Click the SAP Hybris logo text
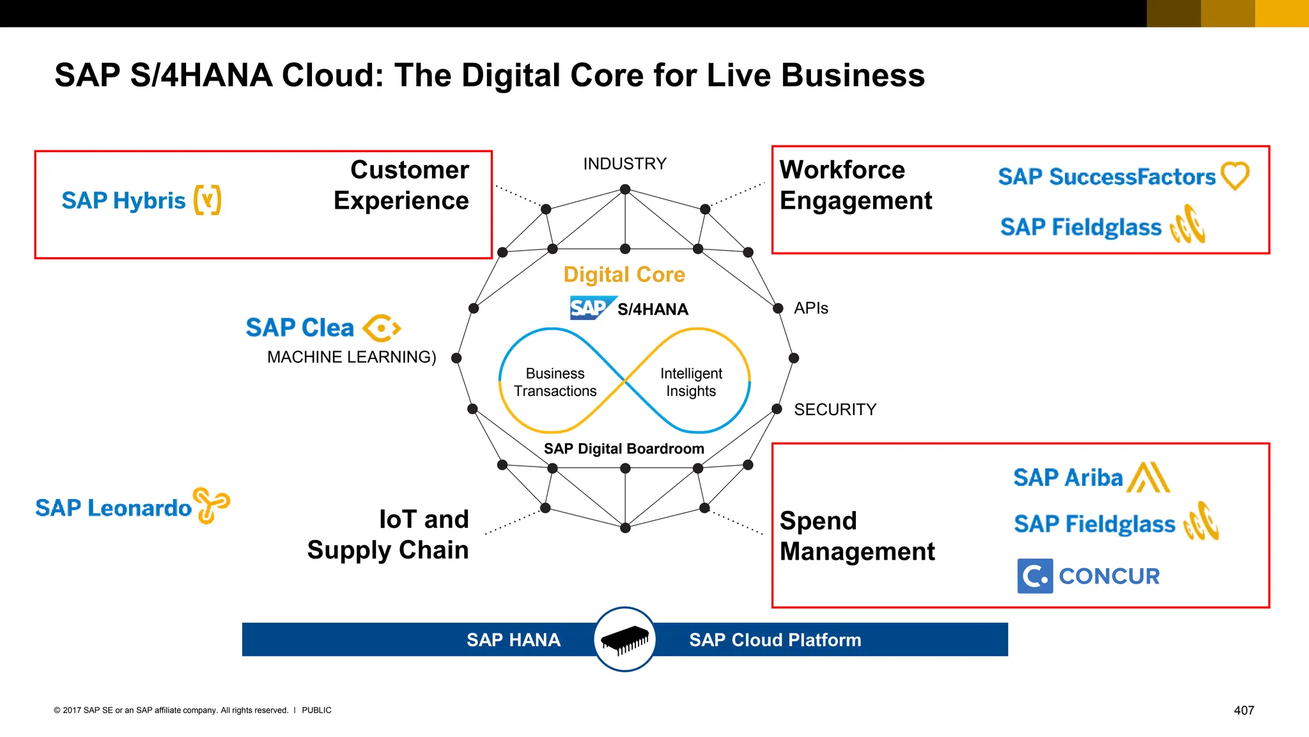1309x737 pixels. click(x=123, y=201)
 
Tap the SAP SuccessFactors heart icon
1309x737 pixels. click(x=1235, y=175)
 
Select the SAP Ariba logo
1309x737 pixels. click(x=1091, y=478)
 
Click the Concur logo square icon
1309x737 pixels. click(x=1035, y=576)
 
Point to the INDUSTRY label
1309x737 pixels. click(x=624, y=164)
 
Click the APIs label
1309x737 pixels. click(x=810, y=308)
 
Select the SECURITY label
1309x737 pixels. click(x=835, y=409)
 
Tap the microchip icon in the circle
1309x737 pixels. click(x=624, y=639)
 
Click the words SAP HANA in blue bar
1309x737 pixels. click(x=513, y=640)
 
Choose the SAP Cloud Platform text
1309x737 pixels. click(x=775, y=640)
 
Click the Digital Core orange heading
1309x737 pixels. click(x=624, y=274)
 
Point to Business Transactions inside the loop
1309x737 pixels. click(x=555, y=382)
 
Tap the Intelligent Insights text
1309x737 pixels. click(x=691, y=382)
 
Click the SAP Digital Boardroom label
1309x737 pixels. click(x=624, y=449)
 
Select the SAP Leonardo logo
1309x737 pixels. click(x=132, y=507)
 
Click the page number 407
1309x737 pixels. click(x=1243, y=710)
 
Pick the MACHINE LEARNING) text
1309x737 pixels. click(x=352, y=357)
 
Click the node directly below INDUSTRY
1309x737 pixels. click(x=625, y=189)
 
